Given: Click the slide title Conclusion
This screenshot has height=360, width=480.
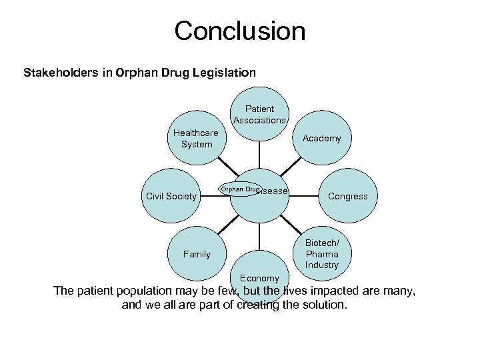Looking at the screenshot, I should tap(239, 31).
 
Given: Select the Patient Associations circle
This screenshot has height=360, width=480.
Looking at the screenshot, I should tap(259, 114).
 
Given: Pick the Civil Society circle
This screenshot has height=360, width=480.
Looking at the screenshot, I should tap(171, 196).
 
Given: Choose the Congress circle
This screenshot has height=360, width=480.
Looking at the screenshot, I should tap(347, 196).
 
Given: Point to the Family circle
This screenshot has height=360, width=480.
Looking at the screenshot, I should tap(197, 254).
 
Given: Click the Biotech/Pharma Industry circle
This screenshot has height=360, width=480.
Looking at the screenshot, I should tap(322, 254).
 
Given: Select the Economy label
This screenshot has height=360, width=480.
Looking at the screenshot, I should tap(259, 278).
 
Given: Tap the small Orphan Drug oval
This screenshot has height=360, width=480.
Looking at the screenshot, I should tap(240, 190).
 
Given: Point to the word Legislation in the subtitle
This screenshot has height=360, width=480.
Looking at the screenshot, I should tap(223, 72).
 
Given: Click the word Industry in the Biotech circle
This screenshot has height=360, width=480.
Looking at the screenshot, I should tap(322, 265).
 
